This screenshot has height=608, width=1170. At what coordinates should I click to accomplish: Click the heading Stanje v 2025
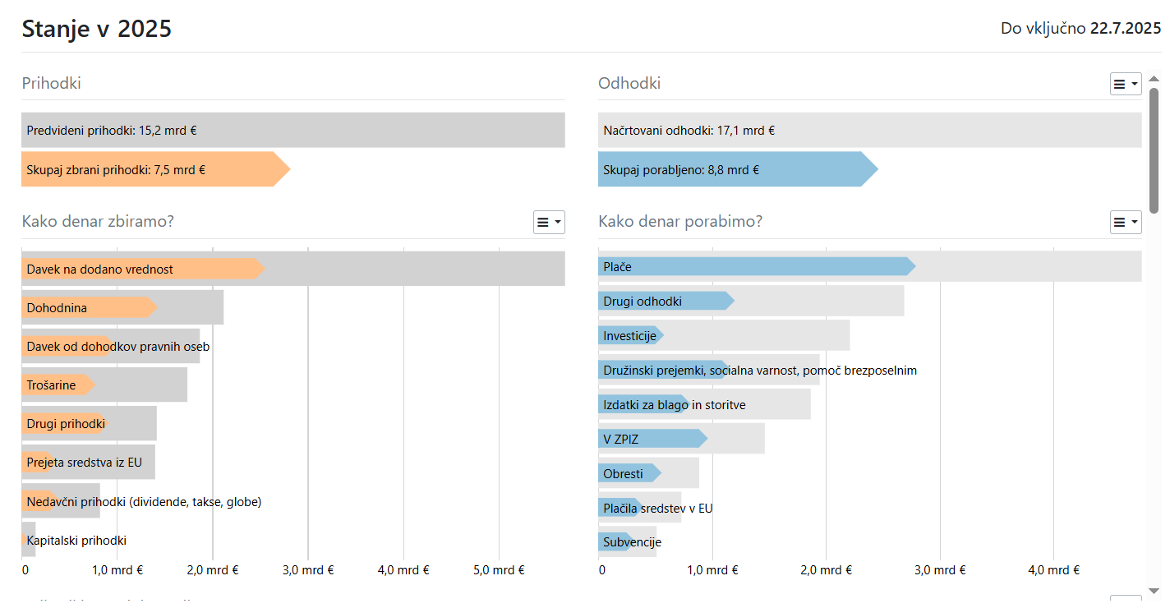[x=96, y=29]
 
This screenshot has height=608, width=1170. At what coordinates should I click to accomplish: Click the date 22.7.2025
[x=1125, y=29]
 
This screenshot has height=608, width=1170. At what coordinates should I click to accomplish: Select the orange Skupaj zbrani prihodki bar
[x=148, y=170]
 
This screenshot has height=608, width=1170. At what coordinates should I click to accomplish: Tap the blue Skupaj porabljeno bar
[x=731, y=170]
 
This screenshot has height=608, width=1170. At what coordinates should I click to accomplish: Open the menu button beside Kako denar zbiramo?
[x=549, y=222]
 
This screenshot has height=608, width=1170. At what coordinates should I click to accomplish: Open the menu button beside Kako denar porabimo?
[x=1126, y=222]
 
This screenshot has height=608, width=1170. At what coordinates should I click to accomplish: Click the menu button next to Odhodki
[x=1126, y=84]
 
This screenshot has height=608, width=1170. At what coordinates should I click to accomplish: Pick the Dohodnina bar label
[x=57, y=308]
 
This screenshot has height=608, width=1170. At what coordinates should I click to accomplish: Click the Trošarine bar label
[x=51, y=385]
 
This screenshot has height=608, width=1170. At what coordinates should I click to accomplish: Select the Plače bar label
[x=618, y=267]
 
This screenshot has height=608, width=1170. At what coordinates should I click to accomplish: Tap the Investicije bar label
[x=629, y=336]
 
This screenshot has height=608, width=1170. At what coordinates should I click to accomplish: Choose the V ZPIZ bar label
[x=621, y=440]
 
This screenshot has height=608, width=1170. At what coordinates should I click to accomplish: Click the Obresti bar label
[x=624, y=474]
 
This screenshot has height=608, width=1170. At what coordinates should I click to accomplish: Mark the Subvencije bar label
[x=633, y=542]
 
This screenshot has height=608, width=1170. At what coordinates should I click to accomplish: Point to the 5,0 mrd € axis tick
[x=499, y=570]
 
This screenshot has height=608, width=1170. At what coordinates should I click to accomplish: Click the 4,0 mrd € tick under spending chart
[x=1053, y=570]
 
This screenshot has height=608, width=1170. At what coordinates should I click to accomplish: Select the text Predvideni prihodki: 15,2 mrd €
[x=112, y=130]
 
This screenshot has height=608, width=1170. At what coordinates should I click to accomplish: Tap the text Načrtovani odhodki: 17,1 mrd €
[x=689, y=130]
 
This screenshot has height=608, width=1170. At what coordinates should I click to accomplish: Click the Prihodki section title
[x=51, y=84]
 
